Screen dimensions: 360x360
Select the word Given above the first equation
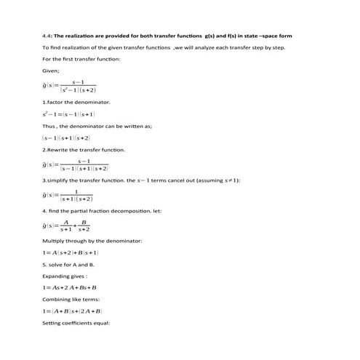[x=51, y=71]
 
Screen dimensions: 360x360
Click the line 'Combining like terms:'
[x=70, y=299]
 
